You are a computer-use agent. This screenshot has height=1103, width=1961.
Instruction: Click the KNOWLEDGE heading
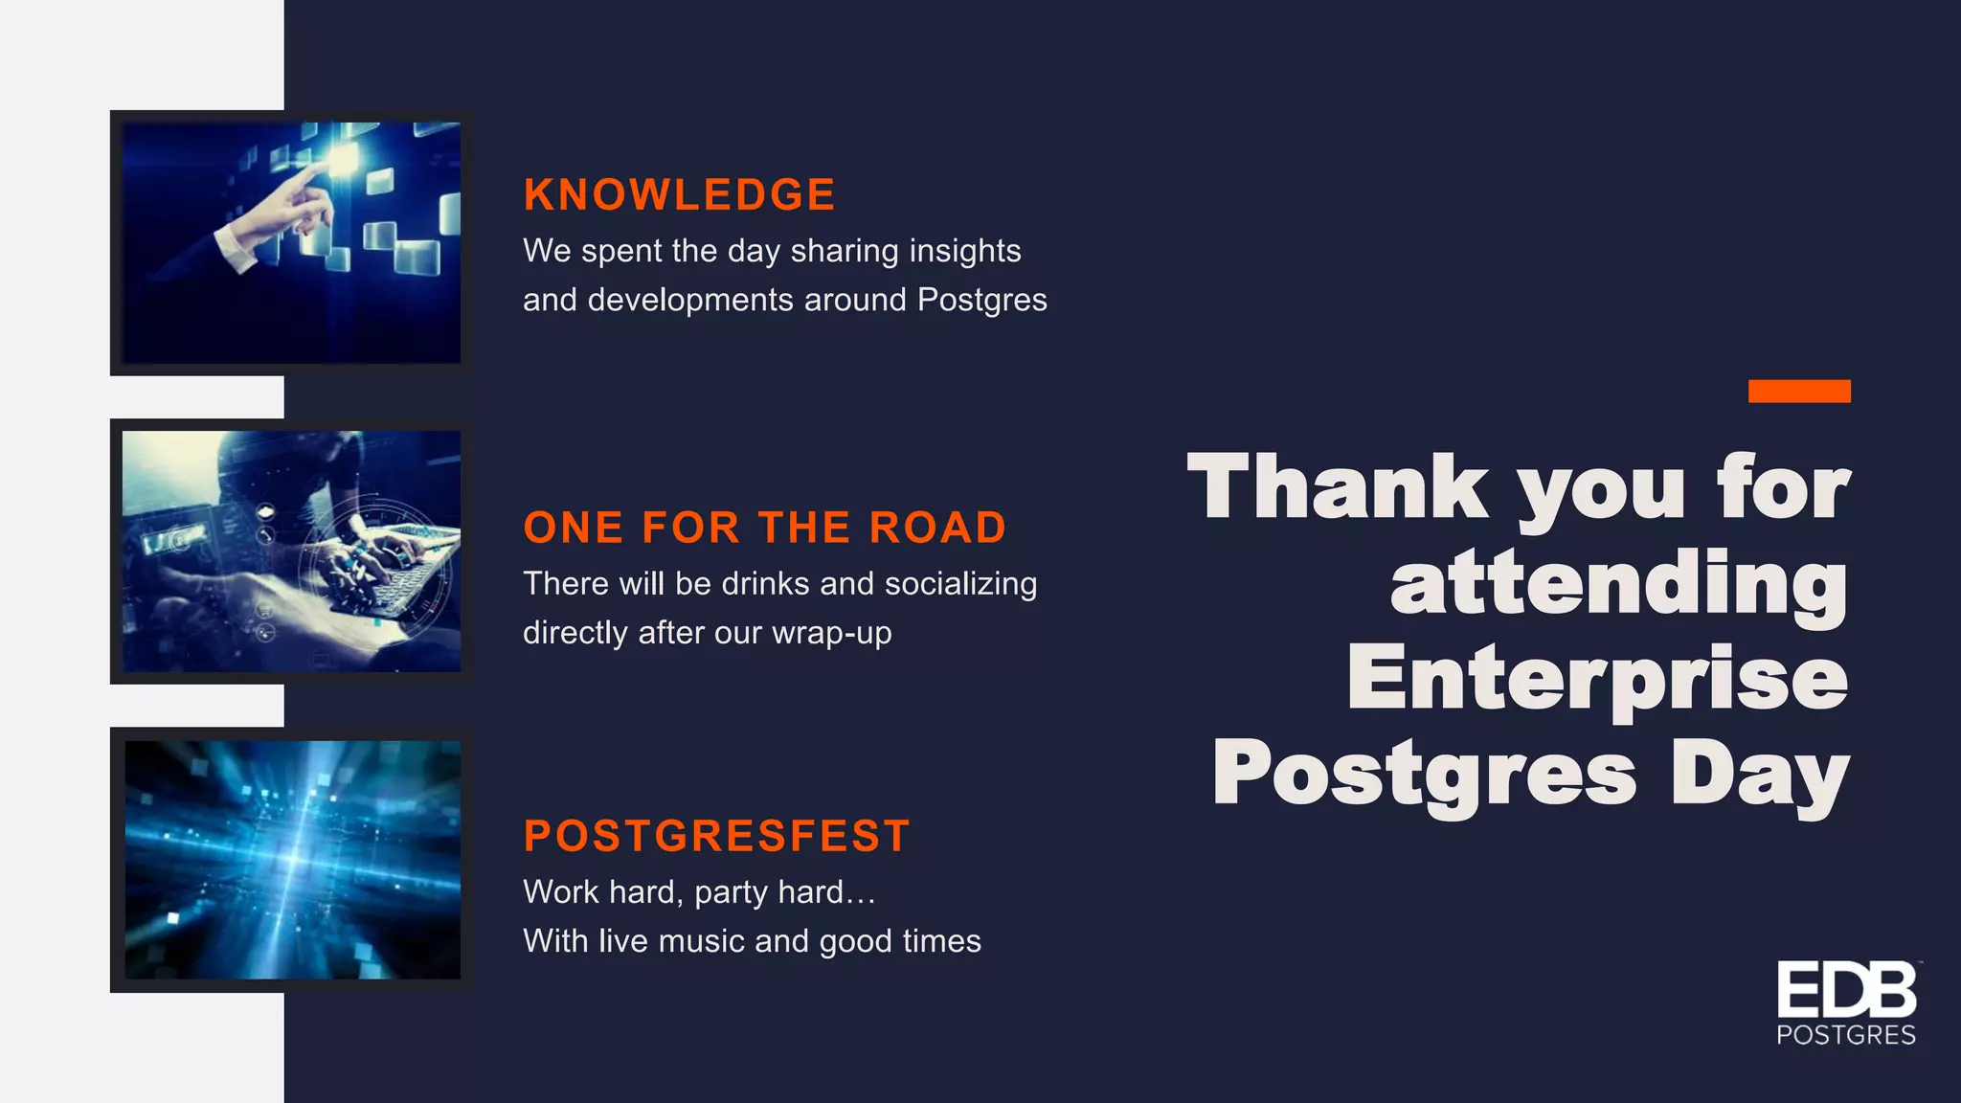click(679, 195)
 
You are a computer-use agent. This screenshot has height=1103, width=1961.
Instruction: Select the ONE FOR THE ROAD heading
click(764, 528)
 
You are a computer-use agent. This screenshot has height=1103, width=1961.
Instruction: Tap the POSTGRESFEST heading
click(716, 836)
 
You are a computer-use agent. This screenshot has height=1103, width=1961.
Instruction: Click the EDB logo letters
click(1846, 992)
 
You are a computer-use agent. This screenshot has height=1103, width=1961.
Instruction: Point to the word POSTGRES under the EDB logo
click(1846, 1035)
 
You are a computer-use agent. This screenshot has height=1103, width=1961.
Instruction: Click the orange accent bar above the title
click(1798, 391)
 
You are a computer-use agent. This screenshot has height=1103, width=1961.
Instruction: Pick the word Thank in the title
click(1337, 488)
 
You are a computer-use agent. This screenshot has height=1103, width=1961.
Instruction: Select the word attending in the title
click(1619, 583)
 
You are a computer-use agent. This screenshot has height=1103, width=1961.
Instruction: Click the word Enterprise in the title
click(1597, 679)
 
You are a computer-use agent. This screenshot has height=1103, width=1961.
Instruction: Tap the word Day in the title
click(1760, 775)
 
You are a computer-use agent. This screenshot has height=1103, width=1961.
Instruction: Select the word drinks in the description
click(765, 584)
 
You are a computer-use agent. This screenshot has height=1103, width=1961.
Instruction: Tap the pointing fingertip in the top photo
click(320, 167)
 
